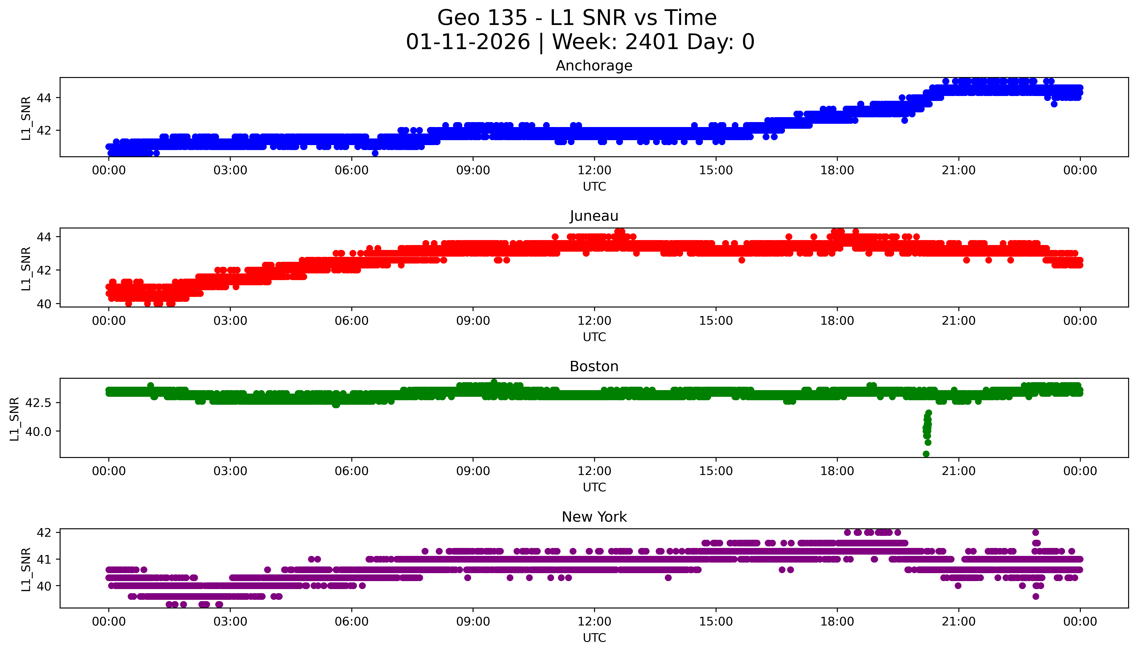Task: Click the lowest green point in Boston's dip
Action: click(926, 454)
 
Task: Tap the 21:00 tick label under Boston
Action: click(958, 471)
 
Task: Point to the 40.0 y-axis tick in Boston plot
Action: click(39, 431)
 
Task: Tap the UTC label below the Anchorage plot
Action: click(594, 187)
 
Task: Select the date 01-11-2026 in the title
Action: click(468, 42)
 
